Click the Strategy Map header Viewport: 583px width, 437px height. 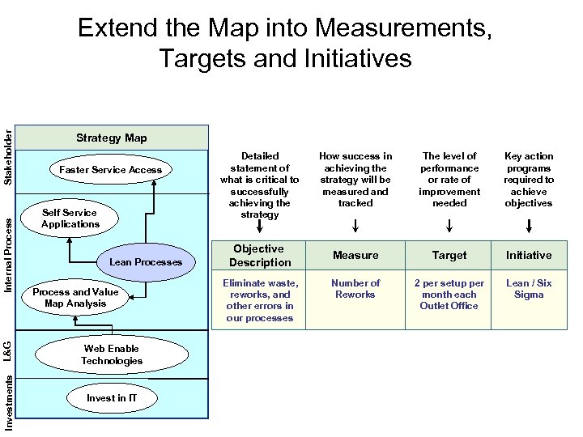pos(111,138)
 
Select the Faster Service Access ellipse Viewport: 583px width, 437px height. pos(110,170)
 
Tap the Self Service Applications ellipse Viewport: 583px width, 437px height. pos(70,218)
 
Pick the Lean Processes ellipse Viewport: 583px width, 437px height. pos(146,262)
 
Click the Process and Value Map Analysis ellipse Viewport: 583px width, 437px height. pos(75,298)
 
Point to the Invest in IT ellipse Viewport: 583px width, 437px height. pos(112,398)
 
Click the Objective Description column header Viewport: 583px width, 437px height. pos(259,256)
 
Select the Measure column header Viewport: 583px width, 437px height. pos(355,256)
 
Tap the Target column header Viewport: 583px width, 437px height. pos(449,256)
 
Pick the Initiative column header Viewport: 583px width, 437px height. pos(529,256)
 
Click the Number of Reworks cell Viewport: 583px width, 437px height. pos(355,289)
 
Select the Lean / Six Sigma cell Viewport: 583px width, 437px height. pos(529,289)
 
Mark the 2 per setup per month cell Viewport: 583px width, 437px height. pos(449,295)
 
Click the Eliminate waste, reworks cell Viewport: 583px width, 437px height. pos(259,300)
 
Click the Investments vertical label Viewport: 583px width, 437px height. pos(8,406)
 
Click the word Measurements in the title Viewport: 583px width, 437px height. pos(403,29)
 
